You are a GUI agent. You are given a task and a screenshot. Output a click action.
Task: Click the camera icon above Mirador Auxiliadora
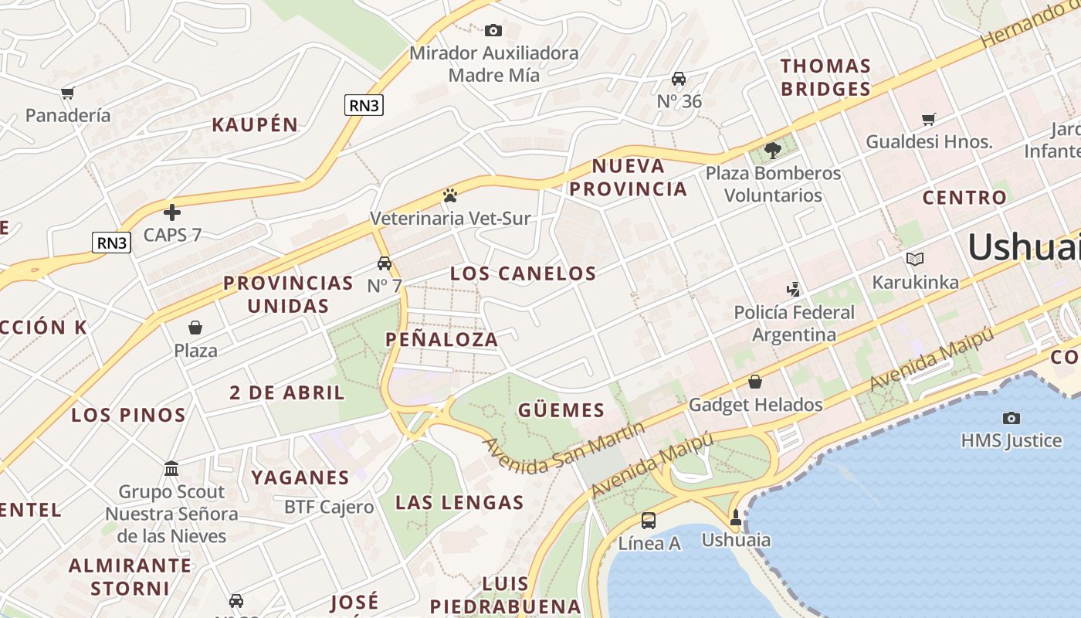point(493,31)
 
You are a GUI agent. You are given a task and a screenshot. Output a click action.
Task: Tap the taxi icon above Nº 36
point(679,79)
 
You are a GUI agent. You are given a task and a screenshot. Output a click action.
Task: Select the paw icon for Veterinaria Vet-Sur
point(450,195)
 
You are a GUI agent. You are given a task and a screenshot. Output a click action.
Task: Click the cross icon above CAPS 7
point(172,212)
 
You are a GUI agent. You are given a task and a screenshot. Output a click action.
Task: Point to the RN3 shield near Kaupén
point(364,105)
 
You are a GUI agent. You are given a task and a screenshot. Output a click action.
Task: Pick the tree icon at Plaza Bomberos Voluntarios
point(772,151)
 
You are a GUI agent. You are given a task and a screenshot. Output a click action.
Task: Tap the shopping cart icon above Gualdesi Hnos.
point(929,119)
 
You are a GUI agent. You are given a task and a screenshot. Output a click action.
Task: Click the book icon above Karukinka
point(915,260)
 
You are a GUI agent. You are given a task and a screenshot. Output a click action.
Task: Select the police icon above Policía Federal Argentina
point(793,290)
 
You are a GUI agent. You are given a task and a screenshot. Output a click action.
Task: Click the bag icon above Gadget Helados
point(755,382)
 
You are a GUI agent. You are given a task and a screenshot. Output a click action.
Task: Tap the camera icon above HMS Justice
point(1011,418)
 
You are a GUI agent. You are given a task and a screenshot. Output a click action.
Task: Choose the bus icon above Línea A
point(649,521)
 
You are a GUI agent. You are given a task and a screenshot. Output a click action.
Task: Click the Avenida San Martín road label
point(564,449)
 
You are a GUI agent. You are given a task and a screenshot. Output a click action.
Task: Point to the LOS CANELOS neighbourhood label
point(523,273)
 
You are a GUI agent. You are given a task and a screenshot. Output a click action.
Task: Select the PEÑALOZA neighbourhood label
point(442,339)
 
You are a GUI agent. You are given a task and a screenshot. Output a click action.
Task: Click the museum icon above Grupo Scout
point(171,469)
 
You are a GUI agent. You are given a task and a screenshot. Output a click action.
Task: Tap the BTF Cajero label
point(329,508)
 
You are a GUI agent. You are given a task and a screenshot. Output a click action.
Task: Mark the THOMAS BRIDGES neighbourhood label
point(825,77)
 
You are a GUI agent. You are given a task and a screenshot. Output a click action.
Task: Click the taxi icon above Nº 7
point(385,263)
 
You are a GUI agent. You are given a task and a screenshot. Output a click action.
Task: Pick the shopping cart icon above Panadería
point(68,93)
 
